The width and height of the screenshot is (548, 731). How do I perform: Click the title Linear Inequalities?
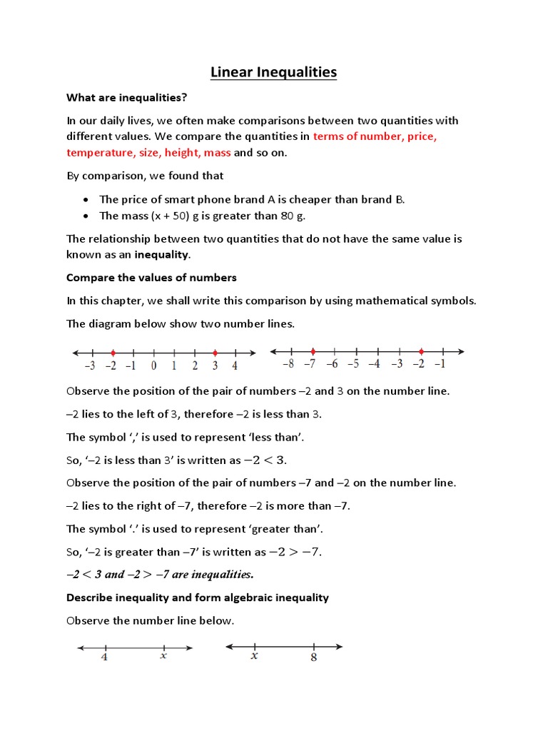[274, 72]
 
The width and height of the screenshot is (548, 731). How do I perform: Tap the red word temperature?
[98, 152]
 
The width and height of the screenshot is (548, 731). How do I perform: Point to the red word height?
[183, 152]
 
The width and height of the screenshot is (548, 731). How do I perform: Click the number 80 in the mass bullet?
[287, 216]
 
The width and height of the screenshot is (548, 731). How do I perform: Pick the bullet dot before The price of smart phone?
[86, 200]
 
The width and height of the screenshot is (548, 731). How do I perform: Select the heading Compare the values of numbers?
[151, 277]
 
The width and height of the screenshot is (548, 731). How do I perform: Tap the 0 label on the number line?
[153, 366]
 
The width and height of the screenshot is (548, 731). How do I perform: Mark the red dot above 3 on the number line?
[215, 352]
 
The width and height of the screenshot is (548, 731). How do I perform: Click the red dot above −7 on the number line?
[313, 351]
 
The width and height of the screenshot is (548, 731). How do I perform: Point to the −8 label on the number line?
[288, 364]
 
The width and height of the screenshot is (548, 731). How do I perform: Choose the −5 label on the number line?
[353, 364]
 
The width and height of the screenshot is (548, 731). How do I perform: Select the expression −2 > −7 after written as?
[295, 552]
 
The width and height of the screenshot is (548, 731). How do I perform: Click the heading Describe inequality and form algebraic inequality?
[198, 597]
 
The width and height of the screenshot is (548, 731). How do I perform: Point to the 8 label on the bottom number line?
[313, 657]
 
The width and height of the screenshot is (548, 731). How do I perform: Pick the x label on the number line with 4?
[163, 656]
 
